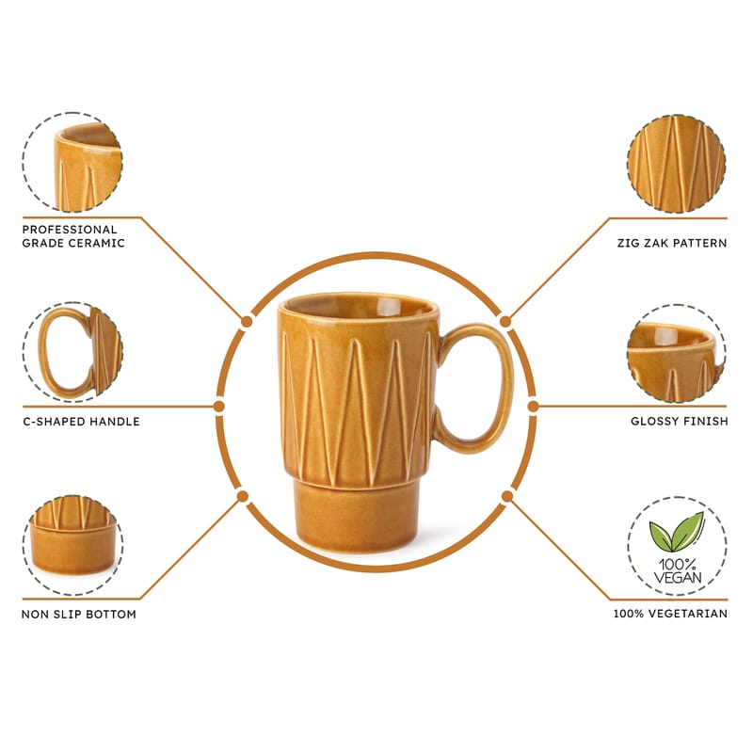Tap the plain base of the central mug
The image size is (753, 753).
coord(356,517)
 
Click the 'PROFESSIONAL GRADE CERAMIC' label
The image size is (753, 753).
coord(73,236)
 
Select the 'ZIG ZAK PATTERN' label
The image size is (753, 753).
coord(672,243)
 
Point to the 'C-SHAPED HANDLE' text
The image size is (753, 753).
coord(81,422)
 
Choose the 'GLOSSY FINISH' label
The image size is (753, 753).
coord(679,421)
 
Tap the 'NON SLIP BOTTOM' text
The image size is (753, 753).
coord(79,615)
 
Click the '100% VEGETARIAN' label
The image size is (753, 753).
coord(670,614)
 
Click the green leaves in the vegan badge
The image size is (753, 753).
coord(676,532)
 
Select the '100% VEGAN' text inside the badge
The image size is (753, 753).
coord(677,571)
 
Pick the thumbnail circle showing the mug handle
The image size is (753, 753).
coord(72,352)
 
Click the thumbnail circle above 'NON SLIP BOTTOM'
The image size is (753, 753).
coord(72,545)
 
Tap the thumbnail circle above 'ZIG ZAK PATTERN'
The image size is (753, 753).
coord(676,164)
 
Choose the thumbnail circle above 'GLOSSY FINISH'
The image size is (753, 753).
coord(676,353)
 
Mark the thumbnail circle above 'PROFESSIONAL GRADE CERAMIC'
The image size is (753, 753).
coord(72,162)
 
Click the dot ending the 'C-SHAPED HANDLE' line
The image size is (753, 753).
coord(219,407)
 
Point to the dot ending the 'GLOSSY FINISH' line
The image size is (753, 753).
coord(533,407)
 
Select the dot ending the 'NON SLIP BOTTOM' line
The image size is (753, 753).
coord(243,496)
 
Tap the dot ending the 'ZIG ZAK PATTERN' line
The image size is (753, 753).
coord(505,321)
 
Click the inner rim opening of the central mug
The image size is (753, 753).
coord(359,305)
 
